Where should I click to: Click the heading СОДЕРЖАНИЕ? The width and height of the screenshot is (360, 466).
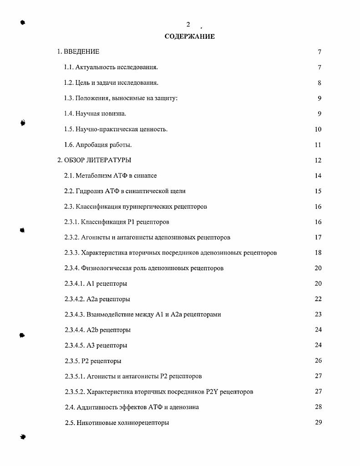tap(189, 36)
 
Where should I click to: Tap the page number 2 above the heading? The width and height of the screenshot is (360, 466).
tap(188, 25)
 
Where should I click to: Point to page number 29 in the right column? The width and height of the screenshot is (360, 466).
tap(318, 422)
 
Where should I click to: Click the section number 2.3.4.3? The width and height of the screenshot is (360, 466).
tap(74, 314)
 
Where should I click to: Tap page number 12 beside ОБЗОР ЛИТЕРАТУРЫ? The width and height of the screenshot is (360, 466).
tap(318, 160)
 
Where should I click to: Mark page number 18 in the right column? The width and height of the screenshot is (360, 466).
tap(318, 253)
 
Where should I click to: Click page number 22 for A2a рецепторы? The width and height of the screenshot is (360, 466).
tap(318, 299)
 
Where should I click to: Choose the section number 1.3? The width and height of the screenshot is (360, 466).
tap(69, 98)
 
